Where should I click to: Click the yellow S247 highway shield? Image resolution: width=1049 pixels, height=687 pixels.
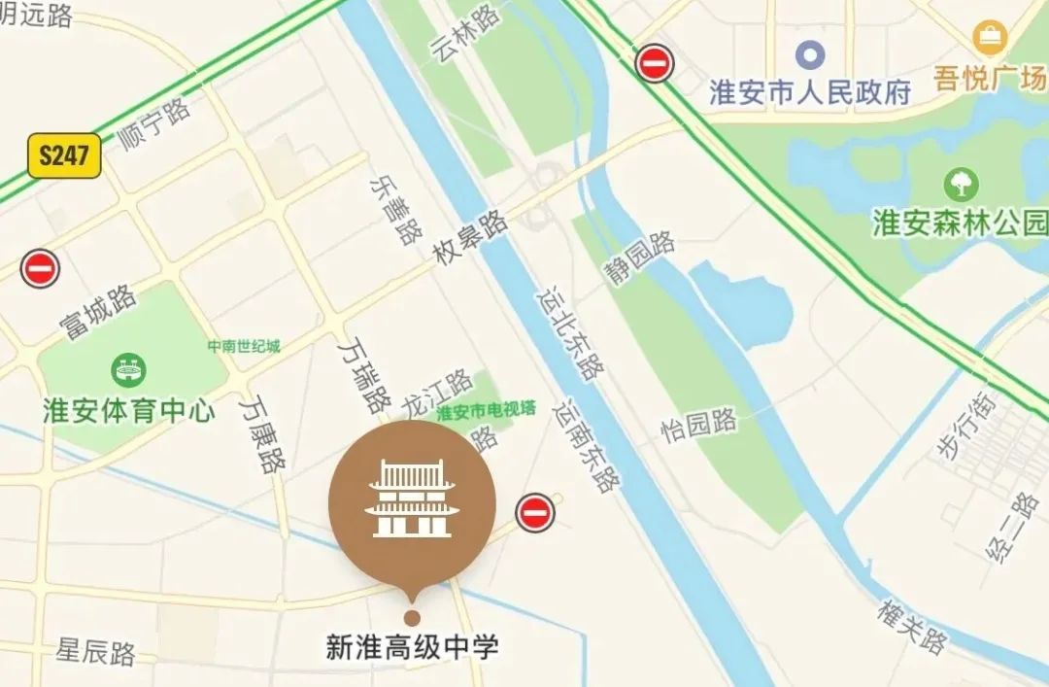pyautogui.click(x=64, y=155)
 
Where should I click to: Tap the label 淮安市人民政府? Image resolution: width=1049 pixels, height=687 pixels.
pyautogui.click(x=810, y=92)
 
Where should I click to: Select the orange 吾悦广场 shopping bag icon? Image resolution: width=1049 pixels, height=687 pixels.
pyautogui.click(x=990, y=38)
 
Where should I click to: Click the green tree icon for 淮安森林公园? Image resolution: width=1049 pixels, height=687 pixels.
pyautogui.click(x=962, y=184)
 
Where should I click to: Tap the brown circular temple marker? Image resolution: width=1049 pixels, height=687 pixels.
pyautogui.click(x=412, y=503)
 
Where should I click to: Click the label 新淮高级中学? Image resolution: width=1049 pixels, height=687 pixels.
pyautogui.click(x=412, y=647)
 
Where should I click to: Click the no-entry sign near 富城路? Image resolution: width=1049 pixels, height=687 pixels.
pyautogui.click(x=41, y=268)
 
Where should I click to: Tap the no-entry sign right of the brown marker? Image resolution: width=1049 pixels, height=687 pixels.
pyautogui.click(x=534, y=512)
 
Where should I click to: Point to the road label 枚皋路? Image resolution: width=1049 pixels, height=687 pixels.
pyautogui.click(x=471, y=239)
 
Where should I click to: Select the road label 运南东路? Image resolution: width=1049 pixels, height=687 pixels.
pyautogui.click(x=586, y=447)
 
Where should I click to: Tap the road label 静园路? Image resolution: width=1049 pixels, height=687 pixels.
pyautogui.click(x=641, y=258)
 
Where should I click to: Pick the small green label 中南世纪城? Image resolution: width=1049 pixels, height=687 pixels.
pyautogui.click(x=243, y=346)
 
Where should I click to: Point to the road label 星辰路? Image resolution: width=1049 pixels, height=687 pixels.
pyautogui.click(x=95, y=651)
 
